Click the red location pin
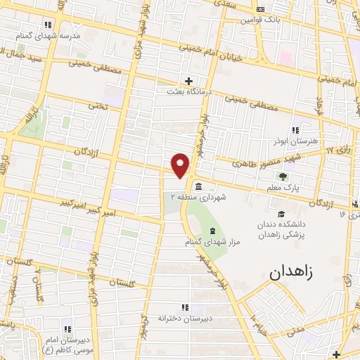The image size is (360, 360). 181,165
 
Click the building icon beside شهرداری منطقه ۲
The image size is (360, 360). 198,186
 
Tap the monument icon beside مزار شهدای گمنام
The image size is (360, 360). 212,231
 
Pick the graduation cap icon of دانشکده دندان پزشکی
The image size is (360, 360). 281,214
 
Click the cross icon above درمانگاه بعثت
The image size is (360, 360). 187,80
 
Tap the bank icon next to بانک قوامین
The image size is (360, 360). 261,9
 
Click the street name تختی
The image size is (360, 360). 96,105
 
